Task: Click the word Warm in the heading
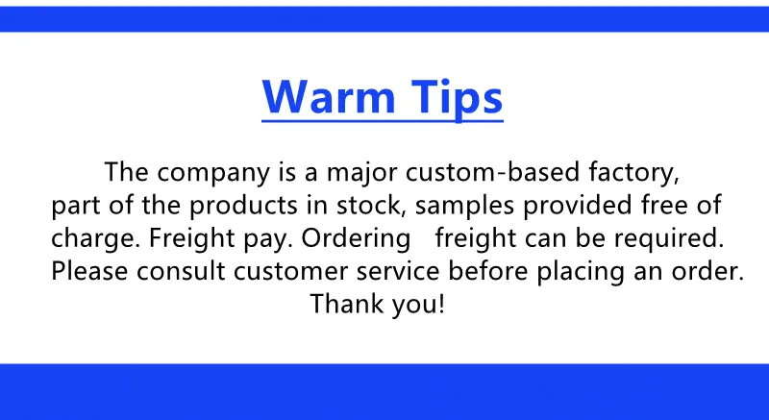pos(329,96)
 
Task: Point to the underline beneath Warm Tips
pos(383,120)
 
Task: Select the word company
pos(213,172)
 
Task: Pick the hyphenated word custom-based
pos(493,171)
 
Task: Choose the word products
pos(243,206)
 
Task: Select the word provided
pos(578,206)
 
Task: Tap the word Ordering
pos(356,238)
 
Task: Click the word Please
pos(89,271)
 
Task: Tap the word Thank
pos(346,304)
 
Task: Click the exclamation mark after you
pos(441,304)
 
